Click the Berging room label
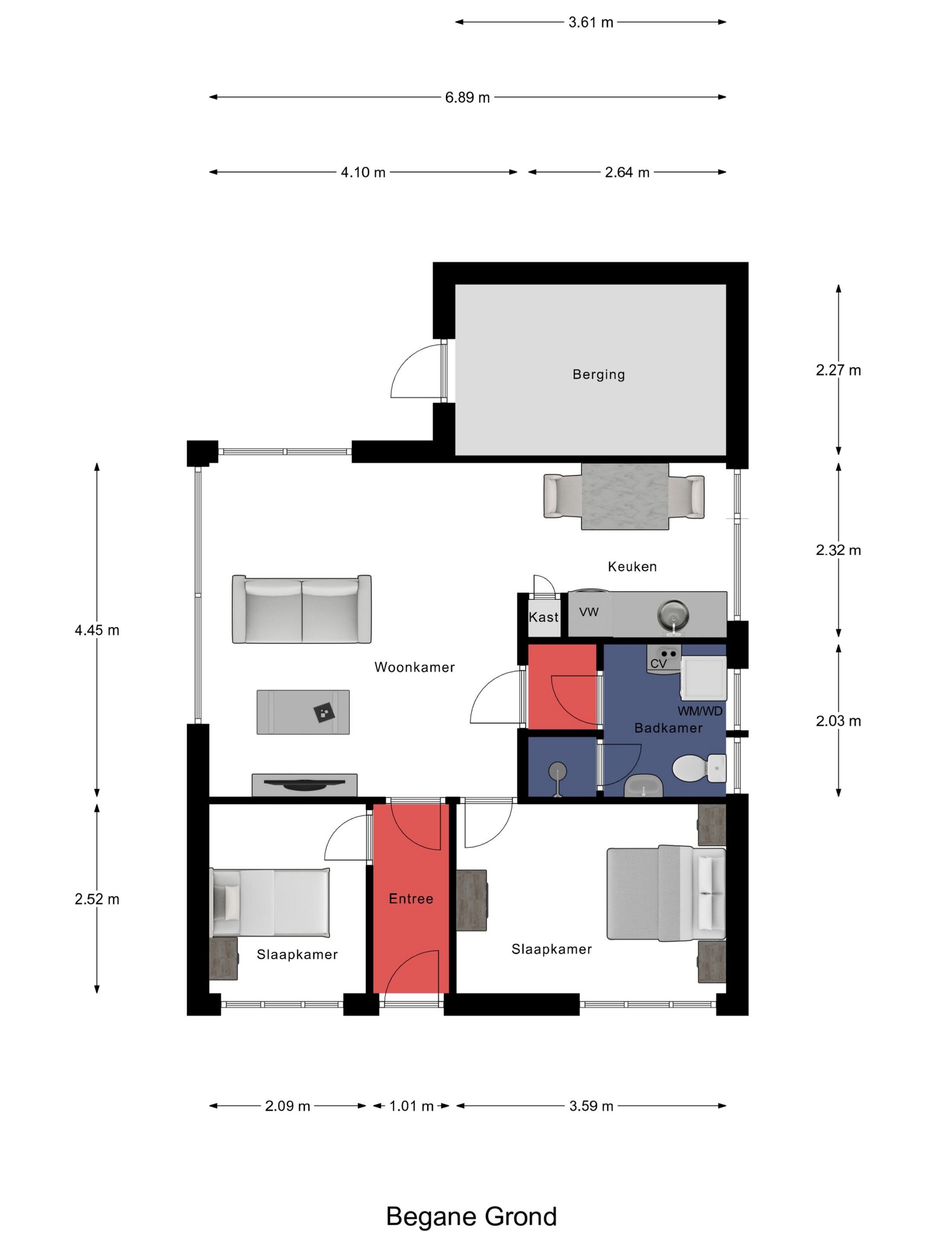click(599, 375)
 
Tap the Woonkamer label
click(414, 668)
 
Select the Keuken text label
click(632, 566)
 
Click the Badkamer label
click(668, 728)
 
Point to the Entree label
click(411, 898)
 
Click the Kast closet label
click(543, 617)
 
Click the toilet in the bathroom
click(699, 768)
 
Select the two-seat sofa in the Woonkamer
click(302, 609)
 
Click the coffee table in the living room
click(303, 712)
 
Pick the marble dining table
click(625, 497)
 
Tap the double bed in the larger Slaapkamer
click(666, 893)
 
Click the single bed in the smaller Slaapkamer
click(269, 902)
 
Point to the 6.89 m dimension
click(467, 97)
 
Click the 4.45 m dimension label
click(97, 630)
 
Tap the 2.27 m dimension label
click(838, 370)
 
